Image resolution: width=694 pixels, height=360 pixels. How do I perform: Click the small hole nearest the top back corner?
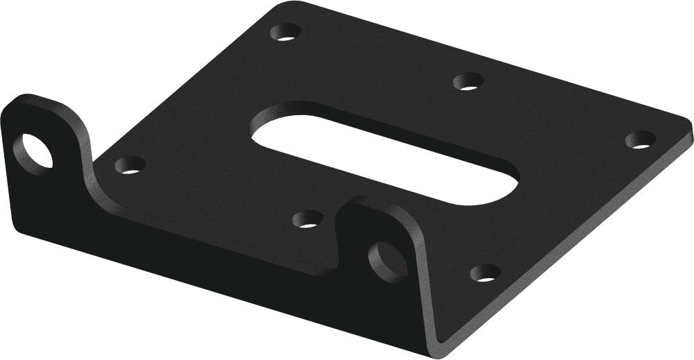[x=285, y=32]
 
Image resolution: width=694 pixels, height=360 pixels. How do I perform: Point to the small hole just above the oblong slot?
[x=468, y=83]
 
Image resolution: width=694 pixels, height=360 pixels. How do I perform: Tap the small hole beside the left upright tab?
[x=129, y=165]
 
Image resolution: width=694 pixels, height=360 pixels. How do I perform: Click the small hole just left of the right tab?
[x=305, y=221]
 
